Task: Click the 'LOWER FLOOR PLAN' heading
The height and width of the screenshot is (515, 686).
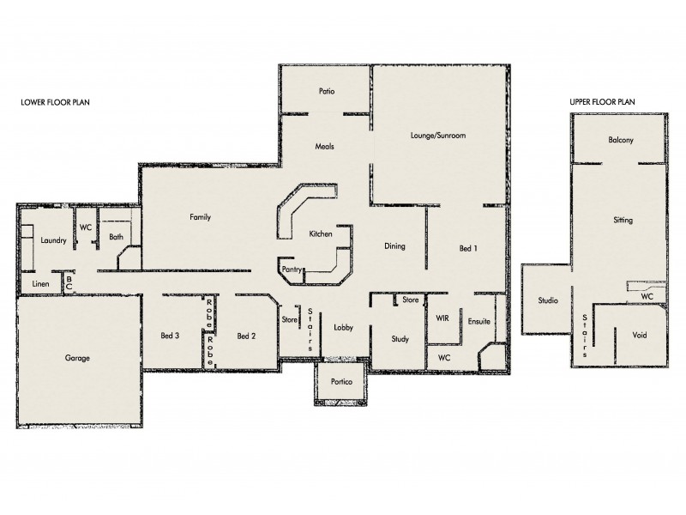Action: pos(56,101)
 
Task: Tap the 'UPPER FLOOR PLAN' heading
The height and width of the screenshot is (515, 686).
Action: pos(602,101)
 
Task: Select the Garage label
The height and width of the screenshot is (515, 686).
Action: pos(76,358)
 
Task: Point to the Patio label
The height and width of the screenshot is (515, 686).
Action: pos(326,90)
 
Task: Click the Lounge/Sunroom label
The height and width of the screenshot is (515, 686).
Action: pos(437,136)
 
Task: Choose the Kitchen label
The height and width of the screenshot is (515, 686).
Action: pos(321,233)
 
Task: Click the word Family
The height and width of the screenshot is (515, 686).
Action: pos(200,217)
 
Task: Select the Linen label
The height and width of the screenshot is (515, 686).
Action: pos(40,283)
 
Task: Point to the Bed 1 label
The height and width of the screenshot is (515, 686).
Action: pos(468,248)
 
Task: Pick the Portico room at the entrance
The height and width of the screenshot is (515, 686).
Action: pos(340,382)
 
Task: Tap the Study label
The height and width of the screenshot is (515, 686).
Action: pos(400,339)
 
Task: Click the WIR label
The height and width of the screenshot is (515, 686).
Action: pos(442,318)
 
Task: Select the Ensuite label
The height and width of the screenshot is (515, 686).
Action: pos(478,321)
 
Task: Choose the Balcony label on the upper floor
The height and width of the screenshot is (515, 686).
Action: pos(620,140)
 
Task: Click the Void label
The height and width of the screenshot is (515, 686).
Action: pos(640,335)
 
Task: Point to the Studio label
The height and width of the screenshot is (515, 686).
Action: pos(548,300)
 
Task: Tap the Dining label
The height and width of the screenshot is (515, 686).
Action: pos(394,246)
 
